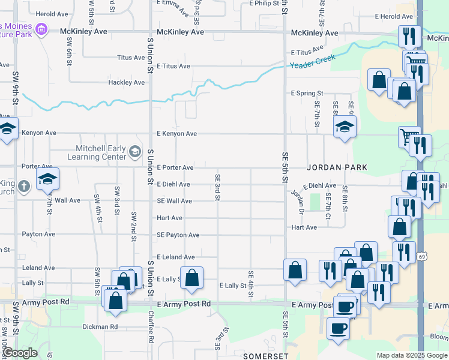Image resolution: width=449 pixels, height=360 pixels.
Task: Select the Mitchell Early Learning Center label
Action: click(x=100, y=152)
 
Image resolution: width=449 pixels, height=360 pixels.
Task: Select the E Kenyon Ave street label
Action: click(x=176, y=134)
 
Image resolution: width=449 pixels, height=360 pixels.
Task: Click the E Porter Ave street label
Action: click(x=175, y=168)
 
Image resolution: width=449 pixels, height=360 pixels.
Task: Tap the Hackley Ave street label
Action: click(x=126, y=82)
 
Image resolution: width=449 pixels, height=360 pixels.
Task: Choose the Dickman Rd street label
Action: click(x=101, y=327)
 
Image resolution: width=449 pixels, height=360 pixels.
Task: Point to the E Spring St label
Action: click(x=307, y=94)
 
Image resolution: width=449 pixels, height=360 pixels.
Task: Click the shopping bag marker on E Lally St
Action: click(x=191, y=278)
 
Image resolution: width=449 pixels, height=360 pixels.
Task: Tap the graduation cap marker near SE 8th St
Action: click(x=345, y=127)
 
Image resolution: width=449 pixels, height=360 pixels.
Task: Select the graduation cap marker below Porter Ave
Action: click(x=48, y=178)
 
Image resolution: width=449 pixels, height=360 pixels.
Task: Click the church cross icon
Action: click(x=23, y=186)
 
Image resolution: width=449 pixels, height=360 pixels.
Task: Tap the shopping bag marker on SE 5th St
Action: click(x=295, y=270)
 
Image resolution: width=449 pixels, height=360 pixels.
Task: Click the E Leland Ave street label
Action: click(x=175, y=257)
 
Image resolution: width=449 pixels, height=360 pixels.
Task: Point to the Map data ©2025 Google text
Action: click(x=411, y=355)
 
